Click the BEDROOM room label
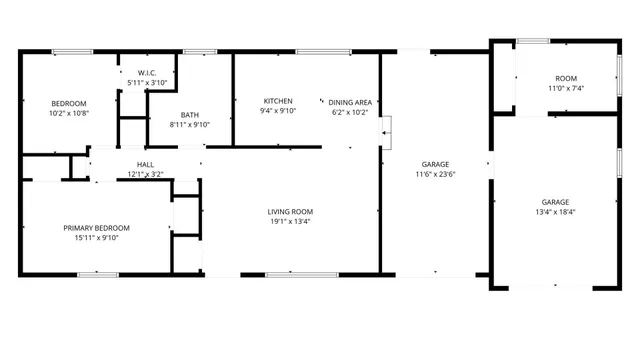pyautogui.click(x=69, y=103)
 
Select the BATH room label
pyautogui.click(x=190, y=114)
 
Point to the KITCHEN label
pyautogui.click(x=277, y=101)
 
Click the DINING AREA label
pyautogui.click(x=350, y=102)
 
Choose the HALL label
pyautogui.click(x=145, y=164)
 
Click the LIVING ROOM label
pyautogui.click(x=290, y=211)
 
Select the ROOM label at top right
pyautogui.click(x=567, y=78)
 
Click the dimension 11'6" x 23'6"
pyautogui.click(x=435, y=174)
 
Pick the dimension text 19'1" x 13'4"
pyautogui.click(x=290, y=221)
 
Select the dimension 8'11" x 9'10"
pyautogui.click(x=190, y=124)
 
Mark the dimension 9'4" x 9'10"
pyautogui.click(x=277, y=111)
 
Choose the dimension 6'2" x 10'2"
pyautogui.click(x=350, y=112)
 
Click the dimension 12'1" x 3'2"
pyautogui.click(x=145, y=174)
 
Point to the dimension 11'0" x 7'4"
pyautogui.click(x=566, y=88)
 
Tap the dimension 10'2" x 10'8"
pyautogui.click(x=69, y=113)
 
